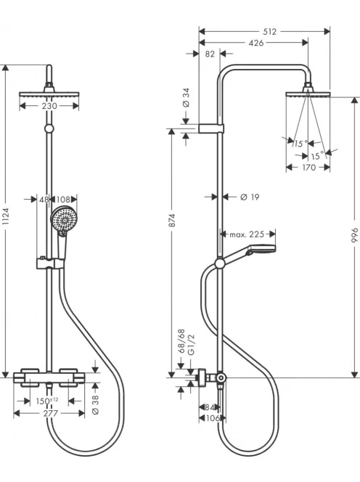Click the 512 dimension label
pyautogui.click(x=269, y=31)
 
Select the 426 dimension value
pyautogui.click(x=256, y=43)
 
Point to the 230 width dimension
pyautogui.click(x=49, y=106)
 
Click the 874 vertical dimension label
pyautogui.click(x=172, y=221)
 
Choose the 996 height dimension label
pyautogui.click(x=355, y=235)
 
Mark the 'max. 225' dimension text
pyautogui.click(x=247, y=234)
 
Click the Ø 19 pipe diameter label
pyautogui.click(x=250, y=197)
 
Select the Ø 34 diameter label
pyautogui.click(x=186, y=98)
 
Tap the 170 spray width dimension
pyautogui.click(x=308, y=168)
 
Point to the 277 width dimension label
pyautogui.click(x=50, y=414)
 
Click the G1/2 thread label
pyautogui.click(x=191, y=346)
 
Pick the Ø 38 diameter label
pyautogui.click(x=95, y=404)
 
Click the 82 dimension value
pyautogui.click(x=210, y=54)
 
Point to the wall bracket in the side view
pyautogui.click(x=211, y=128)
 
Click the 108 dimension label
pyautogui.click(x=63, y=200)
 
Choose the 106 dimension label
pyautogui.click(x=213, y=418)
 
